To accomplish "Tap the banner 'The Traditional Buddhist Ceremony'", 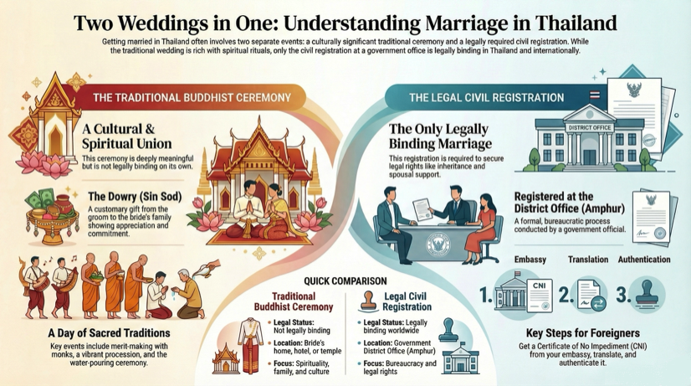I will pos(192,98).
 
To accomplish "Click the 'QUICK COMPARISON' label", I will pos(345,280).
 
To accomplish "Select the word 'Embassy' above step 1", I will pos(530,260).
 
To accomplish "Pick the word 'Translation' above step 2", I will pos(587,260).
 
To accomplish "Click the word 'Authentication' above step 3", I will pos(644,260).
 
